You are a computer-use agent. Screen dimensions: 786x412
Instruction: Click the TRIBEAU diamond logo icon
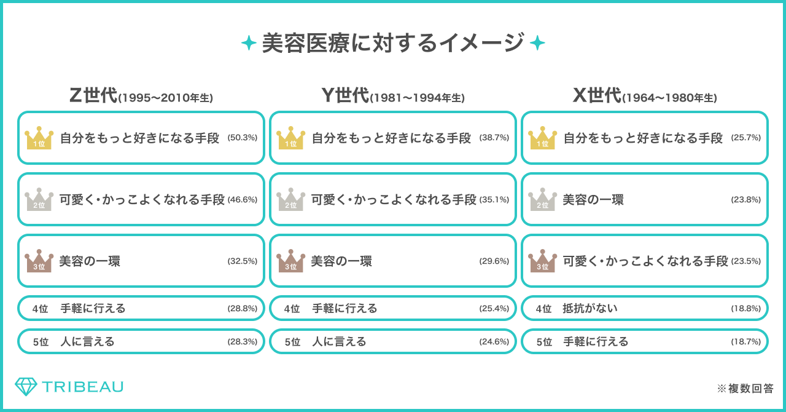pyautogui.click(x=26, y=386)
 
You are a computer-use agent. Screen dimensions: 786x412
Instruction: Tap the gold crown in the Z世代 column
pyautogui.click(x=39, y=138)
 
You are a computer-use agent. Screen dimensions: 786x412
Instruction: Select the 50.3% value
pyautogui.click(x=243, y=138)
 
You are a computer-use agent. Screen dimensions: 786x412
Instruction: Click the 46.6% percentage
pyautogui.click(x=243, y=199)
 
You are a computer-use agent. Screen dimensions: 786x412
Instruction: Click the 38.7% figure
pyautogui.click(x=494, y=138)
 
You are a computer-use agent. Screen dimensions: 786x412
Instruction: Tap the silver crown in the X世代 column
pyautogui.click(x=543, y=200)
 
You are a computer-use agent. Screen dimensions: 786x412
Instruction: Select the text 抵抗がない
pyautogui.click(x=590, y=308)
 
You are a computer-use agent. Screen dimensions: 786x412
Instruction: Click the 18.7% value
pyautogui.click(x=746, y=341)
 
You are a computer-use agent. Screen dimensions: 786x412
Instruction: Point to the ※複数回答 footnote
pyautogui.click(x=745, y=389)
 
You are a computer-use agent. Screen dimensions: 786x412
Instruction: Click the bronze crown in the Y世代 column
pyautogui.click(x=291, y=261)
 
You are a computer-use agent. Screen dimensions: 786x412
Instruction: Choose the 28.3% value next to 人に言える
pyautogui.click(x=243, y=341)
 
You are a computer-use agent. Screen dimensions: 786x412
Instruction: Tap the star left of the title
pyautogui.click(x=249, y=43)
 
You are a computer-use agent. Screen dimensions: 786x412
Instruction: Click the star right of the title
pyautogui.click(x=537, y=43)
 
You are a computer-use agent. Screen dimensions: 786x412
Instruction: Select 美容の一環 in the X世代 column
pyautogui.click(x=593, y=199)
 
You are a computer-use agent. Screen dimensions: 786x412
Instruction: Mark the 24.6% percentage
pyautogui.click(x=494, y=341)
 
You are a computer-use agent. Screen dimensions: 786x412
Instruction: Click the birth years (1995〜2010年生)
pyautogui.click(x=165, y=98)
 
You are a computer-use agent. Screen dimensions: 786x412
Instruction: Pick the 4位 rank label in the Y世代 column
pyautogui.click(x=292, y=308)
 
